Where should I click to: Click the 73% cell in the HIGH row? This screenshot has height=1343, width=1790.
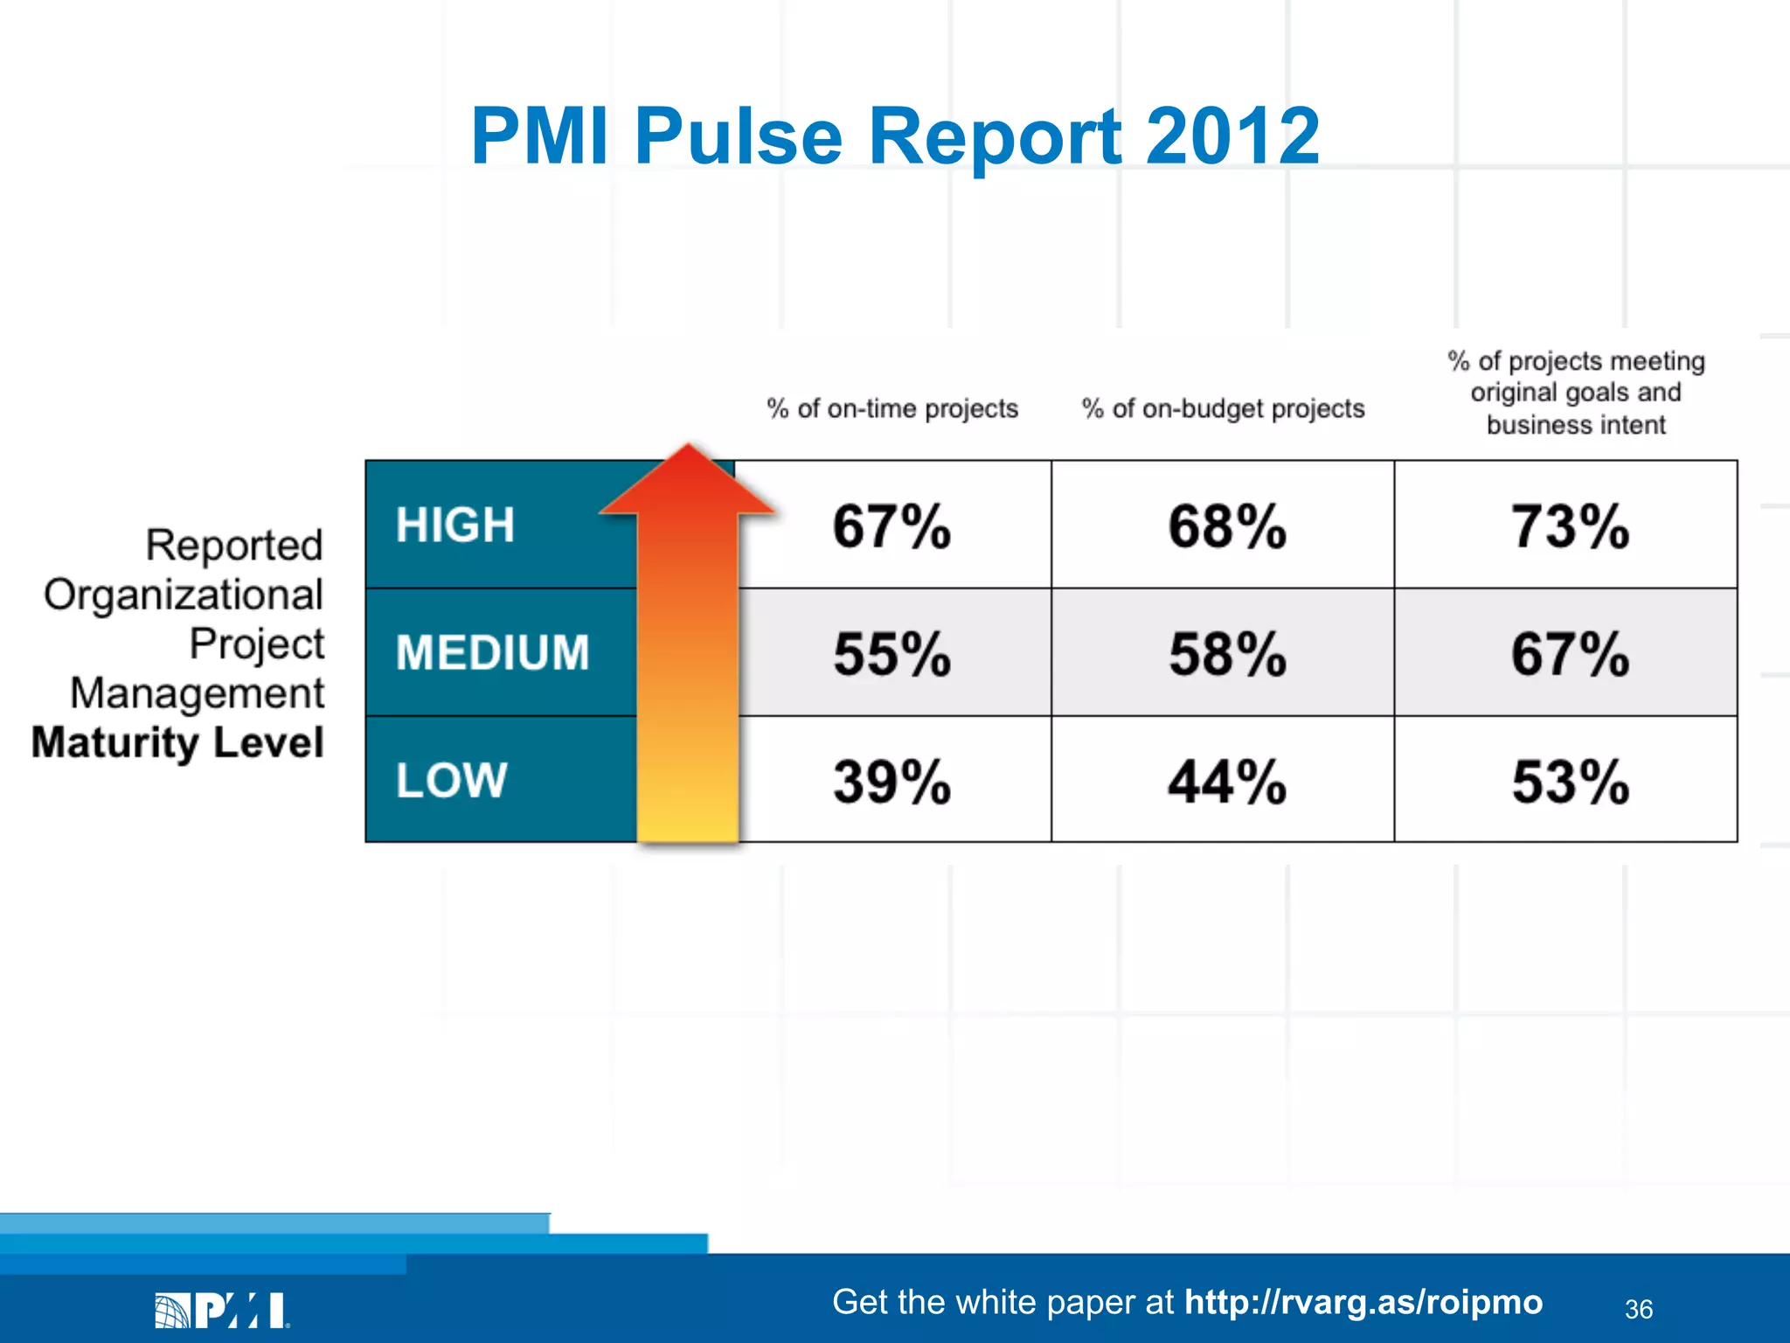coord(1570,526)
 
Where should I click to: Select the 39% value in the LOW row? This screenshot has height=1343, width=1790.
coord(892,781)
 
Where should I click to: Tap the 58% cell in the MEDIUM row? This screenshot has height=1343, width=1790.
coord(1227,653)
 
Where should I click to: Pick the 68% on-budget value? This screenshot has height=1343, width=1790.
coord(1227,526)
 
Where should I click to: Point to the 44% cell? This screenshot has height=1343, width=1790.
coord(1227,781)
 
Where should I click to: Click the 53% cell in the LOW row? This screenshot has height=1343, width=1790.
coord(1570,781)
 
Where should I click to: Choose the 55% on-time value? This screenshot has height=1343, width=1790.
coord(892,653)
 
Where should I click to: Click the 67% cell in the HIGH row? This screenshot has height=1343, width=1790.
coord(892,526)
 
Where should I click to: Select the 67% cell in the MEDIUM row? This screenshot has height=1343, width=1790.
coord(1570,653)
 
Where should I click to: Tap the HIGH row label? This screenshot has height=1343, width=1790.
coord(455,525)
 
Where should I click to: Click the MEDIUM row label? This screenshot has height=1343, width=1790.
coord(492,652)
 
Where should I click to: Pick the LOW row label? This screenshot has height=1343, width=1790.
coord(451,780)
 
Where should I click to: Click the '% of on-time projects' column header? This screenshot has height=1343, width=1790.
coord(892,408)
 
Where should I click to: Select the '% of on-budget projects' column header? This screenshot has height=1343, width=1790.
coord(1223,408)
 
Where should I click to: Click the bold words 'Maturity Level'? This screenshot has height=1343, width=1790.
coord(177,742)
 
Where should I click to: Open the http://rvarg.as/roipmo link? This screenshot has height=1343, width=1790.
coord(1363,1302)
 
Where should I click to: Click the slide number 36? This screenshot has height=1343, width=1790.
coord(1638,1309)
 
